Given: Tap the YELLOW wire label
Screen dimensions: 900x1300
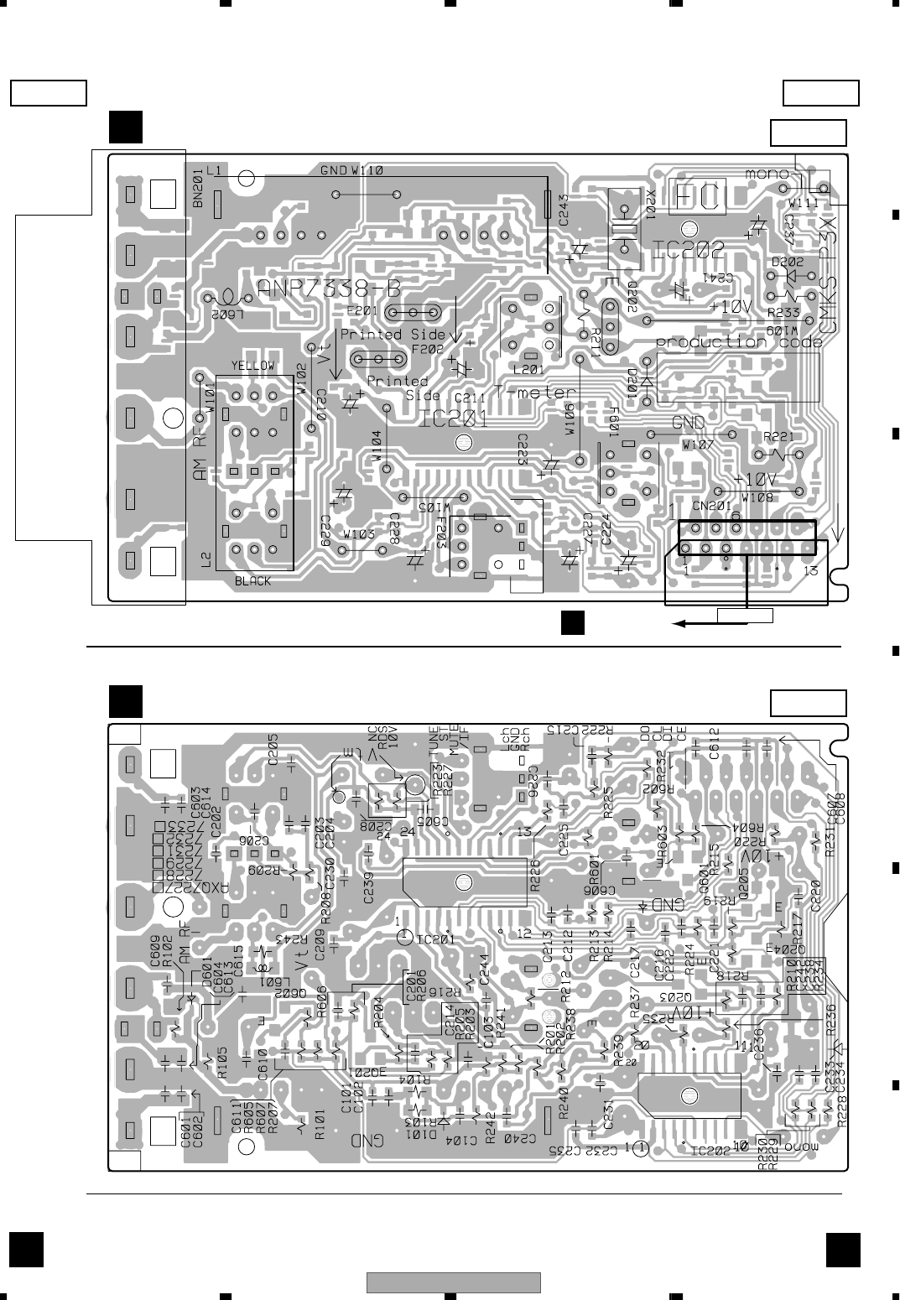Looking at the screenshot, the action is point(252,366).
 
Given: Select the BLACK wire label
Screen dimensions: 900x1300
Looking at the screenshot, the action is point(252,581).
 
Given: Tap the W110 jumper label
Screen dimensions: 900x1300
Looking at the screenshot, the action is point(367,170).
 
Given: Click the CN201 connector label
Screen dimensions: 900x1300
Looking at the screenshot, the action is point(712,506).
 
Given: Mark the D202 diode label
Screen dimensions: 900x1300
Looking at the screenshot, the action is point(788,261).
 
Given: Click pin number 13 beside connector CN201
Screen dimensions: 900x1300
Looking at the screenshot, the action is point(811,571).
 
